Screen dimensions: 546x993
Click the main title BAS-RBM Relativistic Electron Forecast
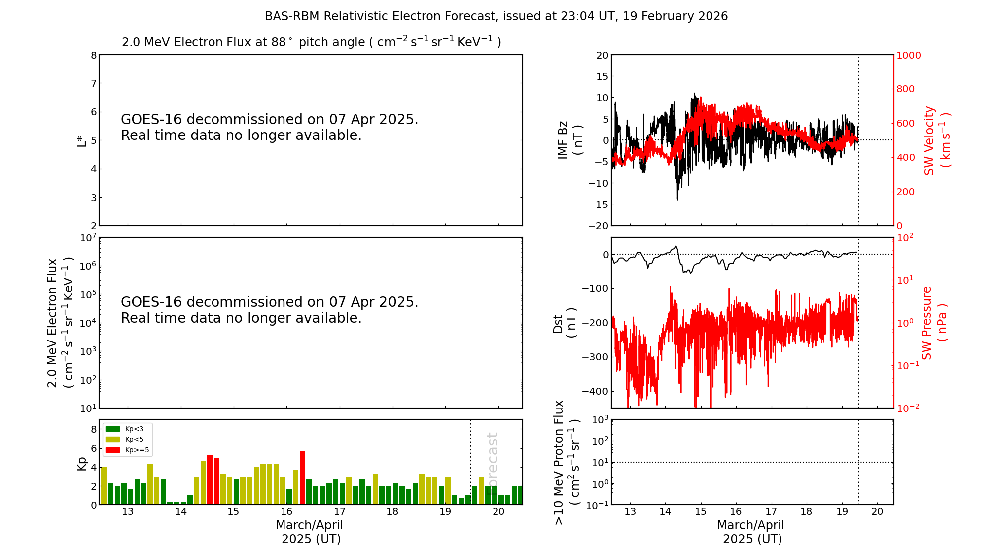[496, 16]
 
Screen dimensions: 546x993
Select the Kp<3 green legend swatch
[113, 429]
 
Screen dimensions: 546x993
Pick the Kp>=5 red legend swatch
[113, 450]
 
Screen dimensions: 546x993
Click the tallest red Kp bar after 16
[302, 478]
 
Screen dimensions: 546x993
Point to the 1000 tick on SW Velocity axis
[908, 56]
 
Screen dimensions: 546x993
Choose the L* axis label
[81, 140]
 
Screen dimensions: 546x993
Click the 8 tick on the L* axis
[94, 55]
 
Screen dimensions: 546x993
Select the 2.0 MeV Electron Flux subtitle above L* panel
[311, 42]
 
